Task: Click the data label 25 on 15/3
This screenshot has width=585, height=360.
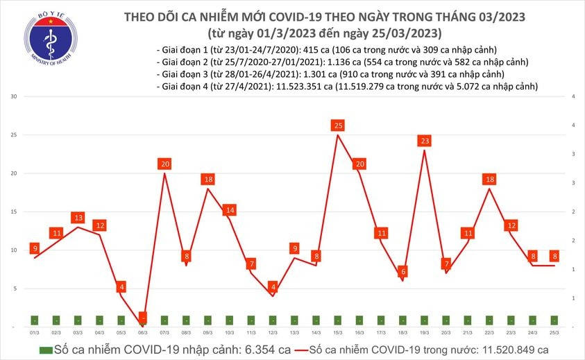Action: [338, 126]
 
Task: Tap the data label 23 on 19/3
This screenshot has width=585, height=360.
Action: [425, 141]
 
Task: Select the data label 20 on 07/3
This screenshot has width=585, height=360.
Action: [164, 164]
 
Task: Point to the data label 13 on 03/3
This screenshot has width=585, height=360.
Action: [78, 217]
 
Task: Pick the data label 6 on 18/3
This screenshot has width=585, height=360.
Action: [403, 271]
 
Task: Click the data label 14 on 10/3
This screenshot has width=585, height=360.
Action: [230, 209]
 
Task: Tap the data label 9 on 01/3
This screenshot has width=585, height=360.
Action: [35, 248]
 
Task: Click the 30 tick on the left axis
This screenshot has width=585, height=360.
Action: [13, 96]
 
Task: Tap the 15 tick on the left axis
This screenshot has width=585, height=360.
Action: [13, 212]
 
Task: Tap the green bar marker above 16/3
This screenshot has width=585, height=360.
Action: [359, 320]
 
